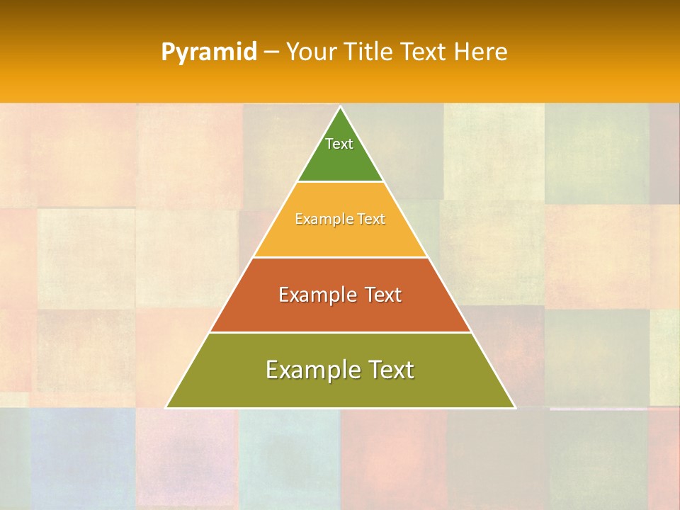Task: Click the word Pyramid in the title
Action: tap(209, 52)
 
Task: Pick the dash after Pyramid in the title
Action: tap(271, 52)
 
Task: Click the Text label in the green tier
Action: tap(339, 144)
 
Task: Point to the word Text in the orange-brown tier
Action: tap(382, 295)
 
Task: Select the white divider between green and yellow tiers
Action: tap(341, 182)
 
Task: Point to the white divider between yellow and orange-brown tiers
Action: tap(341, 257)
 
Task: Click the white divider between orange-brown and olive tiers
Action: tap(341, 332)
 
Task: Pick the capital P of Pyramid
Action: tap(167, 52)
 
